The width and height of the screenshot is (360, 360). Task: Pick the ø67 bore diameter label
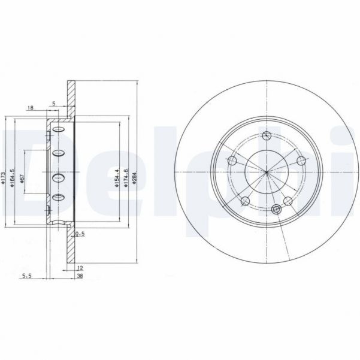21,179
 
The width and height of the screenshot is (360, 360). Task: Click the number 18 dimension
31,107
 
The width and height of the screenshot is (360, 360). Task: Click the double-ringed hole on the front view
276,209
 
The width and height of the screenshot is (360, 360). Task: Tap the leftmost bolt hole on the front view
232,160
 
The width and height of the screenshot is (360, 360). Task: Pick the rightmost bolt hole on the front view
301,160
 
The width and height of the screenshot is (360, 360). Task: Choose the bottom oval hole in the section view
58,198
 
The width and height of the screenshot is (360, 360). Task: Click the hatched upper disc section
71,96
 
